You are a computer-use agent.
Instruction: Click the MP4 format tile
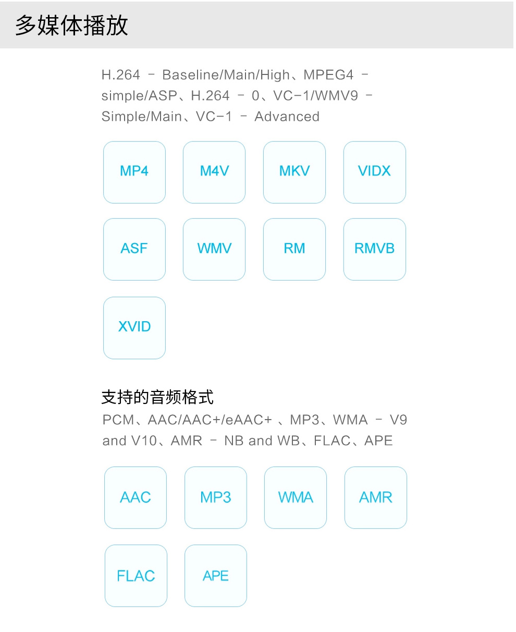(x=134, y=172)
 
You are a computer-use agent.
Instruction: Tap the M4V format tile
(x=214, y=172)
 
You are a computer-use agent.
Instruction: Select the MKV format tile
(x=294, y=172)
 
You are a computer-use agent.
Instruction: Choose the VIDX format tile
(x=374, y=172)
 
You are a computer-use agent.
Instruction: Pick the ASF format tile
(x=134, y=249)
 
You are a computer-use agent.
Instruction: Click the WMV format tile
(x=214, y=249)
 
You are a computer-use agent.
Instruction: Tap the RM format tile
(x=294, y=249)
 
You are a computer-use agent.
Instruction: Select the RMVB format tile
(x=374, y=249)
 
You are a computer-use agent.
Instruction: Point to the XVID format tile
(x=134, y=328)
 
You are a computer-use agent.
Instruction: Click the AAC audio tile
(x=136, y=498)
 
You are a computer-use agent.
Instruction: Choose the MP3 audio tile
(x=216, y=498)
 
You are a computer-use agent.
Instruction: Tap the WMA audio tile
(x=296, y=498)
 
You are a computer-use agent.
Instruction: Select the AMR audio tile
(x=376, y=498)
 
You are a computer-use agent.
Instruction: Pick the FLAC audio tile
(x=136, y=576)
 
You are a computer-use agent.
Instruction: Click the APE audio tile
(x=216, y=576)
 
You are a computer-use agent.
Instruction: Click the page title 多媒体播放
(x=72, y=26)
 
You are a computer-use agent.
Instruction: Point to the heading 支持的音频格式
(x=157, y=397)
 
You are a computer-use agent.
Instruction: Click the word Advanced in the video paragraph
(x=287, y=117)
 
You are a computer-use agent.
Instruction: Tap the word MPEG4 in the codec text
(x=328, y=75)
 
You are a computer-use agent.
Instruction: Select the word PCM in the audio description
(x=118, y=420)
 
